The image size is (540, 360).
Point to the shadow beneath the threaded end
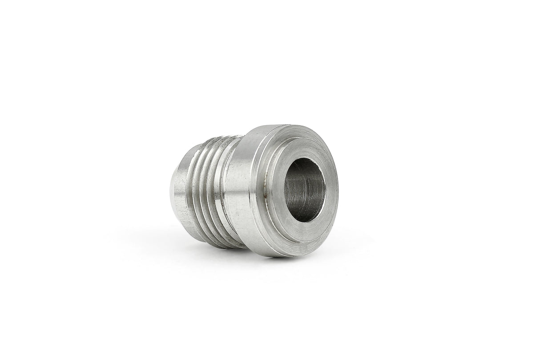point(200,249)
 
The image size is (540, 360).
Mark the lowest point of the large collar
point(285,256)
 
